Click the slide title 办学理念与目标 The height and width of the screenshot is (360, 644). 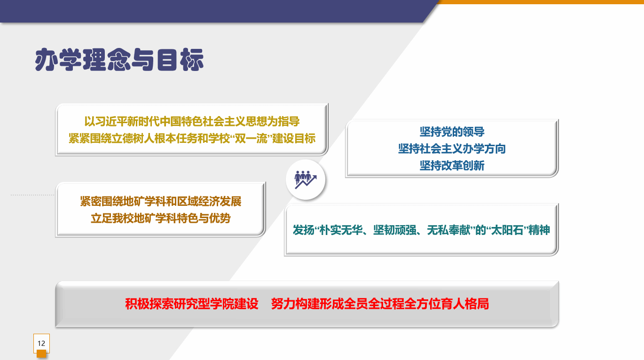point(119,60)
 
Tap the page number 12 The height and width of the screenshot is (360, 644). point(41,344)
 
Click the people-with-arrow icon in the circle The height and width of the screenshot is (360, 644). point(306,180)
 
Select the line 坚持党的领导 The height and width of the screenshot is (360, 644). point(452,132)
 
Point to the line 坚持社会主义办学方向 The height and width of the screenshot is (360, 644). point(452,149)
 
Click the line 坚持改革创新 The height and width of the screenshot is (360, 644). point(452,165)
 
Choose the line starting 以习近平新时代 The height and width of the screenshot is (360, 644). point(192,121)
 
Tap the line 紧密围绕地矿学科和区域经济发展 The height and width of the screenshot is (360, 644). point(161,201)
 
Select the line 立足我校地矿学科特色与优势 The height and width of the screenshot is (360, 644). point(161,218)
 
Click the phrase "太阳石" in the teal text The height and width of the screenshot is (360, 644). point(507,230)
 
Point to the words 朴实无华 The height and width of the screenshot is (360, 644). point(341,230)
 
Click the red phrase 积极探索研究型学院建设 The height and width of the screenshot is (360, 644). point(192,304)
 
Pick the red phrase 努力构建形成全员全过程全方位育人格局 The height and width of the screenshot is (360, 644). point(380,304)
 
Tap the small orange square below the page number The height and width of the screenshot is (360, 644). point(41,354)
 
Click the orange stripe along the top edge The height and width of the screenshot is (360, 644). point(541,2)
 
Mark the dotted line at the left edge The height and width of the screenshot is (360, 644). point(32,195)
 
